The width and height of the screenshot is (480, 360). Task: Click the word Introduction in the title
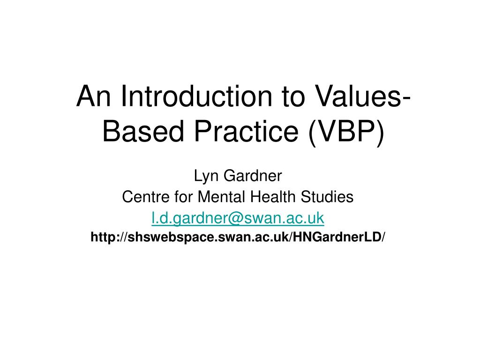[x=196, y=96]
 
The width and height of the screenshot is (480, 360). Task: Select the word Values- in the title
[x=363, y=96]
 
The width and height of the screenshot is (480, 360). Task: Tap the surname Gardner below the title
[x=253, y=176]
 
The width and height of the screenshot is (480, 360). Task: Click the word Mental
[x=222, y=196]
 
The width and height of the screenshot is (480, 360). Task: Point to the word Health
[x=273, y=196]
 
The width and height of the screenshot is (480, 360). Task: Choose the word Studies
[x=327, y=196]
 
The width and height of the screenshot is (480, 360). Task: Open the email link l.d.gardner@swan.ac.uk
[x=238, y=218]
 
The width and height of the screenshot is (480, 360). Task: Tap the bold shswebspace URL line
[x=238, y=237]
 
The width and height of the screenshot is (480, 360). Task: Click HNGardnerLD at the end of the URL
[x=337, y=237]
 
